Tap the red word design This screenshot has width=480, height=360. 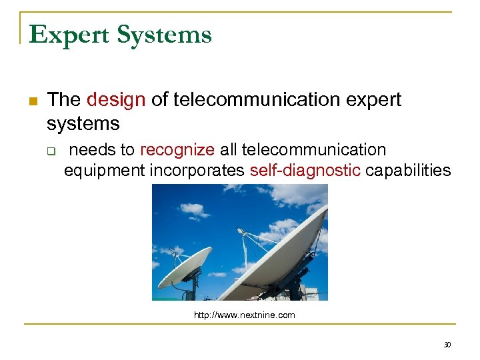116,100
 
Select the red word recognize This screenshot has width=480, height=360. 177,149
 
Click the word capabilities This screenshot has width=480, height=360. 409,170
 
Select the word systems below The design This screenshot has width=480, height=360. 83,123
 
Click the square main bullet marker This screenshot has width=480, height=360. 31,101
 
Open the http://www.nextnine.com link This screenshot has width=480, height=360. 244,315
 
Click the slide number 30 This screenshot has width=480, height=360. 447,345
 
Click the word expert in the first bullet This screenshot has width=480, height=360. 374,100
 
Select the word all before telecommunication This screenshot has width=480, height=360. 229,149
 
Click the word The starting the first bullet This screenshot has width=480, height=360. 64,100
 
